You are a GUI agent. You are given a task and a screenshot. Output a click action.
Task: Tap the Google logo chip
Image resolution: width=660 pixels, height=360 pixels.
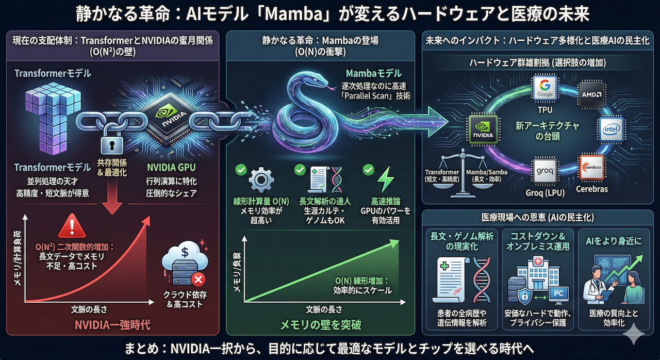pos(545,90)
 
